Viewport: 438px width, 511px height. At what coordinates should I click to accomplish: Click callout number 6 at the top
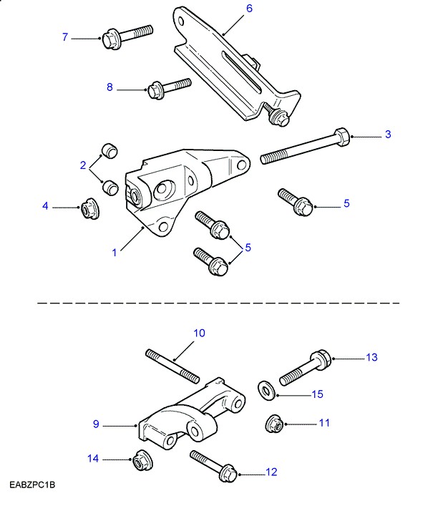249,9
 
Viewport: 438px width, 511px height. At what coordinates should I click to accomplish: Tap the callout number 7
65,36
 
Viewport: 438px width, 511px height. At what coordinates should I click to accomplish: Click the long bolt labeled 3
304,146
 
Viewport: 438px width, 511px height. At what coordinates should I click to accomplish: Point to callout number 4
45,206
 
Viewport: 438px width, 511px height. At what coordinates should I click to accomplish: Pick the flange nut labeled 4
88,208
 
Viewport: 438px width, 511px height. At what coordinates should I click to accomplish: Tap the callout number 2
83,165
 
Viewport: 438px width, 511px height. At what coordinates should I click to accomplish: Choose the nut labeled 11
273,423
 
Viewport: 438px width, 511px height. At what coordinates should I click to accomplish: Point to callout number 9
96,424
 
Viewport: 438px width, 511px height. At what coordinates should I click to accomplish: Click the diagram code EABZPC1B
32,486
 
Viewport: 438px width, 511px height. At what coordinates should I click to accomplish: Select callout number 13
371,357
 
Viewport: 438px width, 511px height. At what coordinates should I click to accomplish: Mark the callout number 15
317,394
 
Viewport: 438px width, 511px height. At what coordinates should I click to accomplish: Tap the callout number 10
200,333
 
